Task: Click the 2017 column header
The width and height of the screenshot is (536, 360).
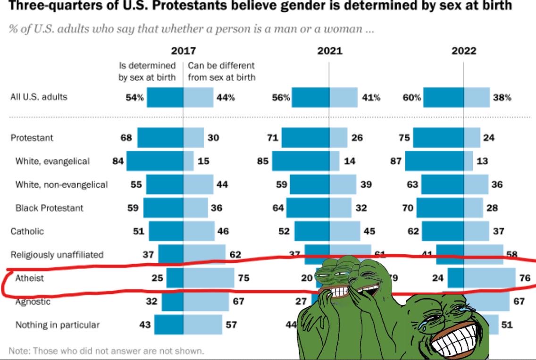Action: pos(183,51)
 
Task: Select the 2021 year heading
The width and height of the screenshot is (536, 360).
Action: pos(329,51)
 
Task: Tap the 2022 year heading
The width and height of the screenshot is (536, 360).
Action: pos(464,51)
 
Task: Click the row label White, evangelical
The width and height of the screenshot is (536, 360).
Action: pos(52,161)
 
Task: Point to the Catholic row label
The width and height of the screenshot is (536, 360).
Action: pos(27,231)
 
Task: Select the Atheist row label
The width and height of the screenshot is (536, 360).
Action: pos(30,278)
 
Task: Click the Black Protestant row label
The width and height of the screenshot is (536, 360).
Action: pos(50,208)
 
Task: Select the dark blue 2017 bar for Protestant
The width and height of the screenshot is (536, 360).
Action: pos(160,138)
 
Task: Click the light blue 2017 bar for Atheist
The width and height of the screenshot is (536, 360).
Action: pos(209,278)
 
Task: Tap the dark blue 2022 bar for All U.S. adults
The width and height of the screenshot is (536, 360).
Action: pos(444,98)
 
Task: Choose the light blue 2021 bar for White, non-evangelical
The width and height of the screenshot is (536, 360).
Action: pos(343,184)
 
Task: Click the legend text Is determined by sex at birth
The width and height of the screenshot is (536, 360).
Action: pos(147,71)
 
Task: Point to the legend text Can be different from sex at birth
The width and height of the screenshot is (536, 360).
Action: pos(221,71)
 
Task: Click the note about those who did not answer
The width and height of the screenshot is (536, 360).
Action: pos(107,351)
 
